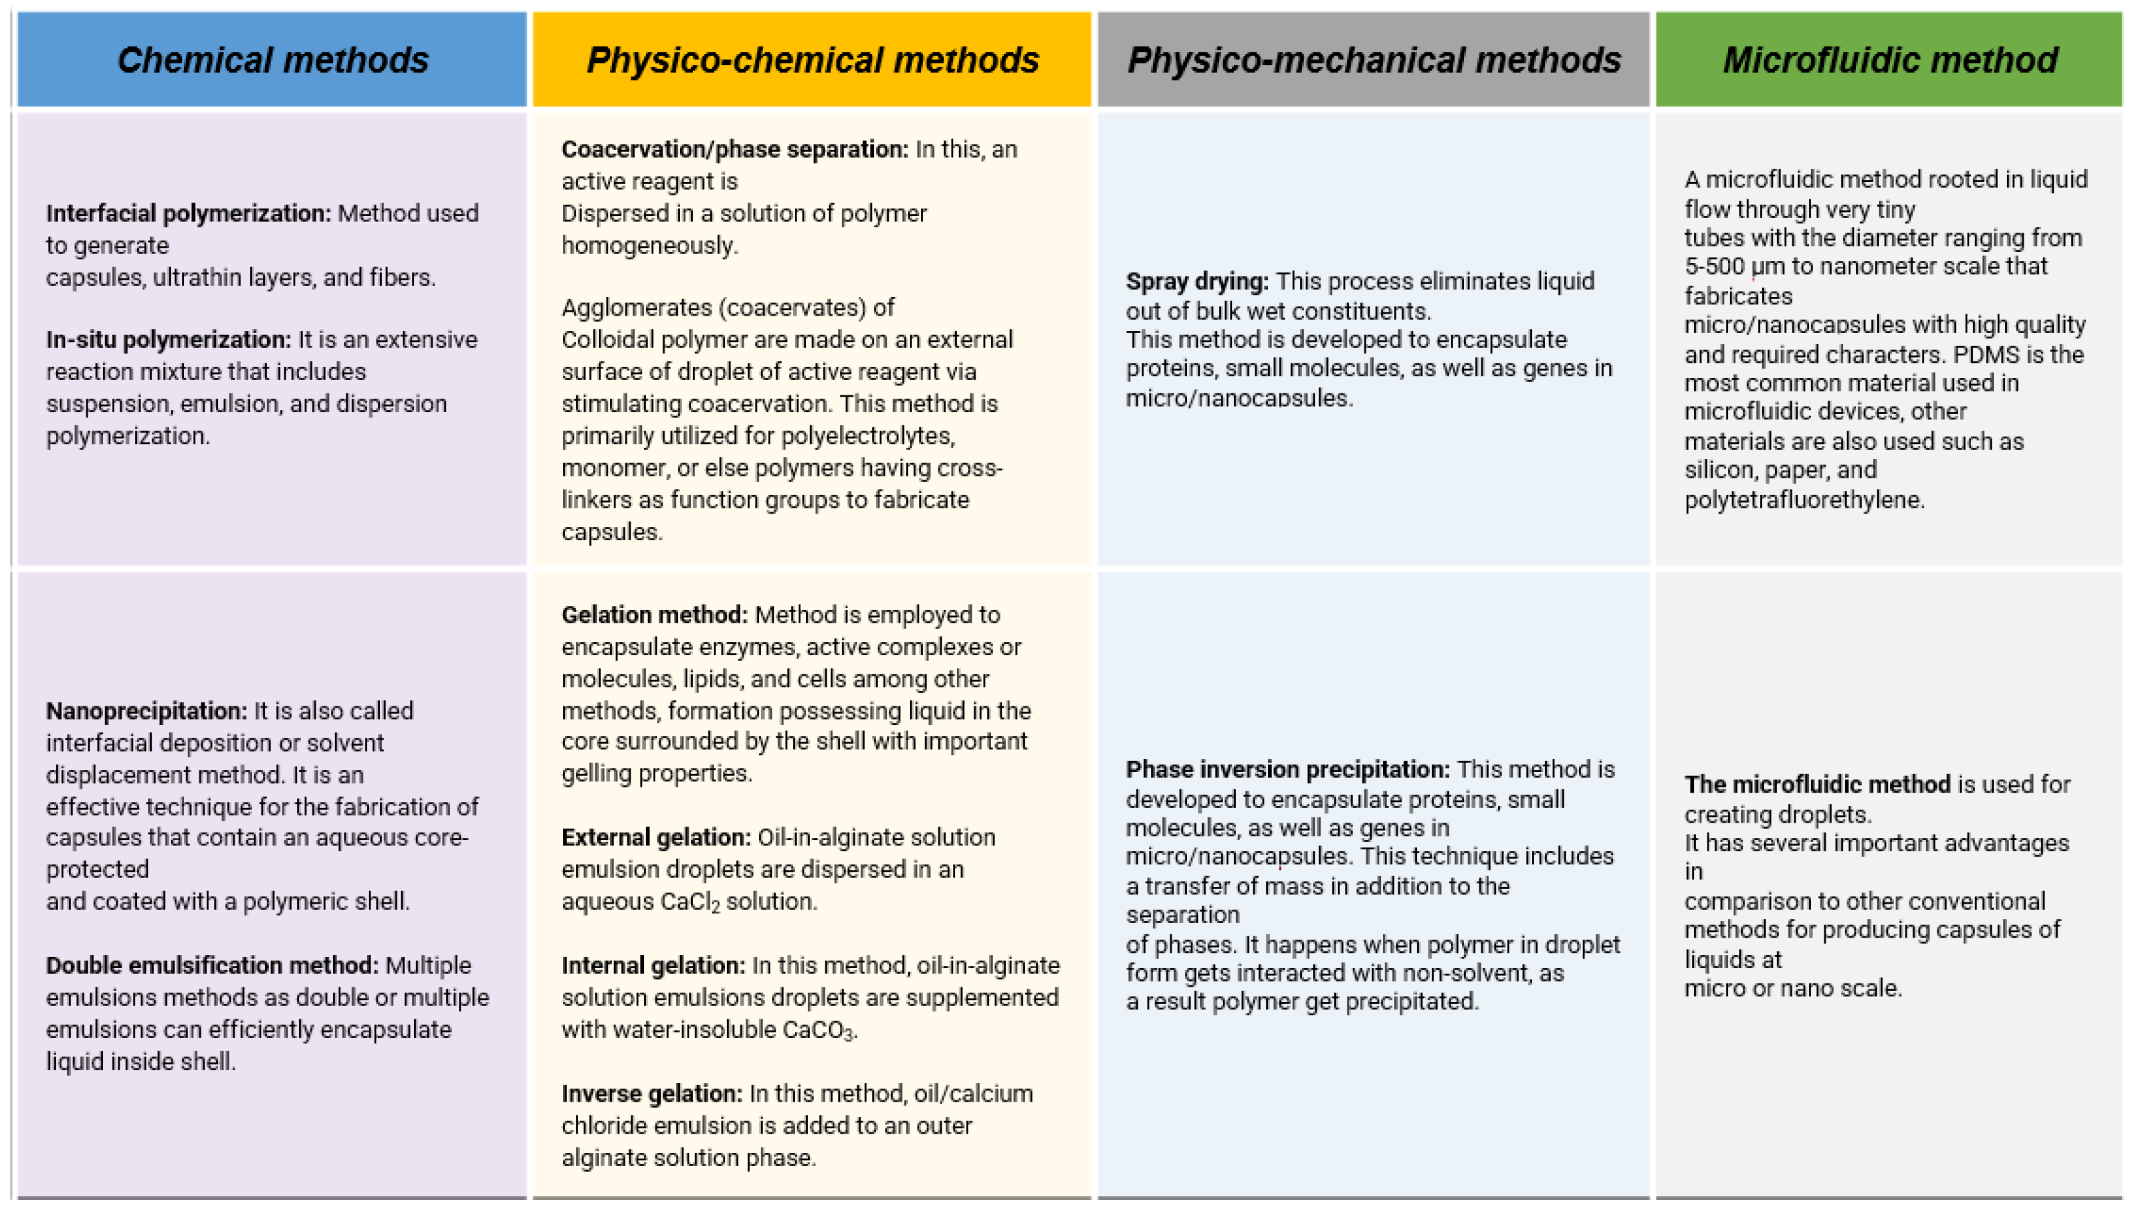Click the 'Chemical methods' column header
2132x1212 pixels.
pyautogui.click(x=272, y=60)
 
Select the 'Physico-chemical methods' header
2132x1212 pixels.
pyautogui.click(x=813, y=60)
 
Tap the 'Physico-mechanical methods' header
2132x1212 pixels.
pyautogui.click(x=1374, y=60)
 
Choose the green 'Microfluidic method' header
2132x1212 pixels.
pyautogui.click(x=1889, y=60)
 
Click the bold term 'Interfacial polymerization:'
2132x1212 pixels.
pyautogui.click(x=188, y=213)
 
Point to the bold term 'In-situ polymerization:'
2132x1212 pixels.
pyautogui.click(x=168, y=340)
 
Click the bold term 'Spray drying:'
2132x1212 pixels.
pyautogui.click(x=1197, y=281)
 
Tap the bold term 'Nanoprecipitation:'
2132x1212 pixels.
pyautogui.click(x=146, y=711)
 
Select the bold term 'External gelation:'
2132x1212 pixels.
pyautogui.click(x=656, y=837)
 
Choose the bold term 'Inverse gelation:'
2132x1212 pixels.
pyautogui.click(x=652, y=1094)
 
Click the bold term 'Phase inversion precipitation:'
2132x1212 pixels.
pyautogui.click(x=1288, y=769)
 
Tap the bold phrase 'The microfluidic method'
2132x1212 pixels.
pyautogui.click(x=1818, y=784)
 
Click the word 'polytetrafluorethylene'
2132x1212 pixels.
pyautogui.click(x=1803, y=500)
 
